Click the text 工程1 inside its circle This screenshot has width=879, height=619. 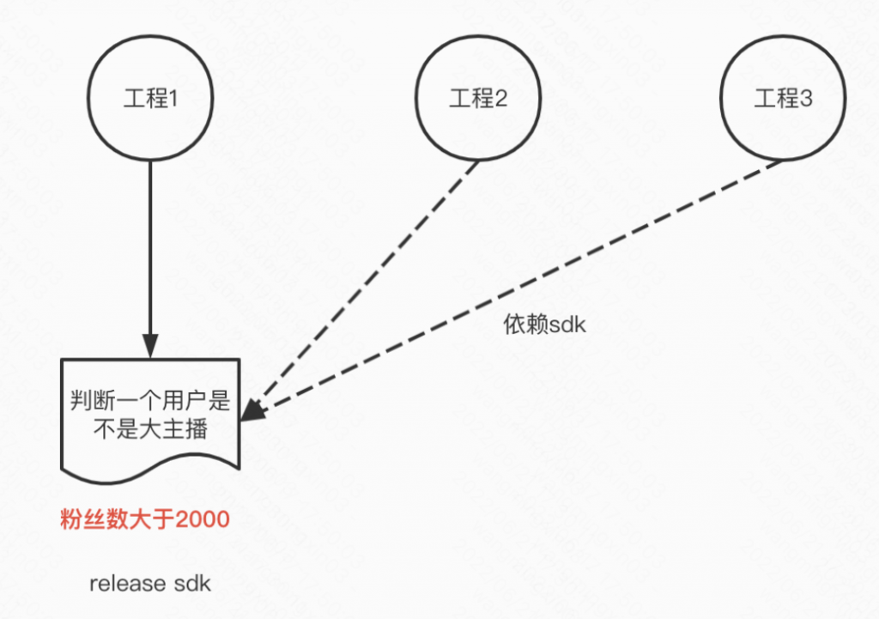pos(150,100)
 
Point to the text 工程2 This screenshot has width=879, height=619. pos(478,100)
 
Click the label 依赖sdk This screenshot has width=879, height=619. pos(544,325)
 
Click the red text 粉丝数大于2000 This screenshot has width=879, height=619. pos(145,519)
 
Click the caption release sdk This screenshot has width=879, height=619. pos(150,584)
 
